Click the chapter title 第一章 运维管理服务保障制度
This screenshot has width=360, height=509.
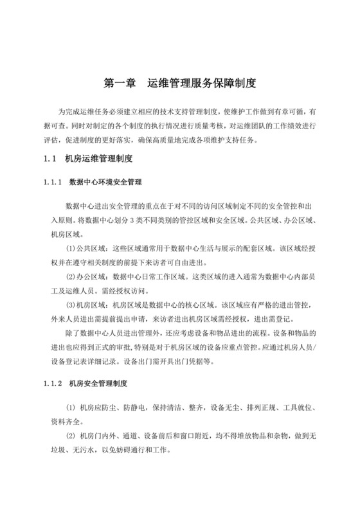(x=180, y=83)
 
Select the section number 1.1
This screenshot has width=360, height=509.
(x=51, y=158)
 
